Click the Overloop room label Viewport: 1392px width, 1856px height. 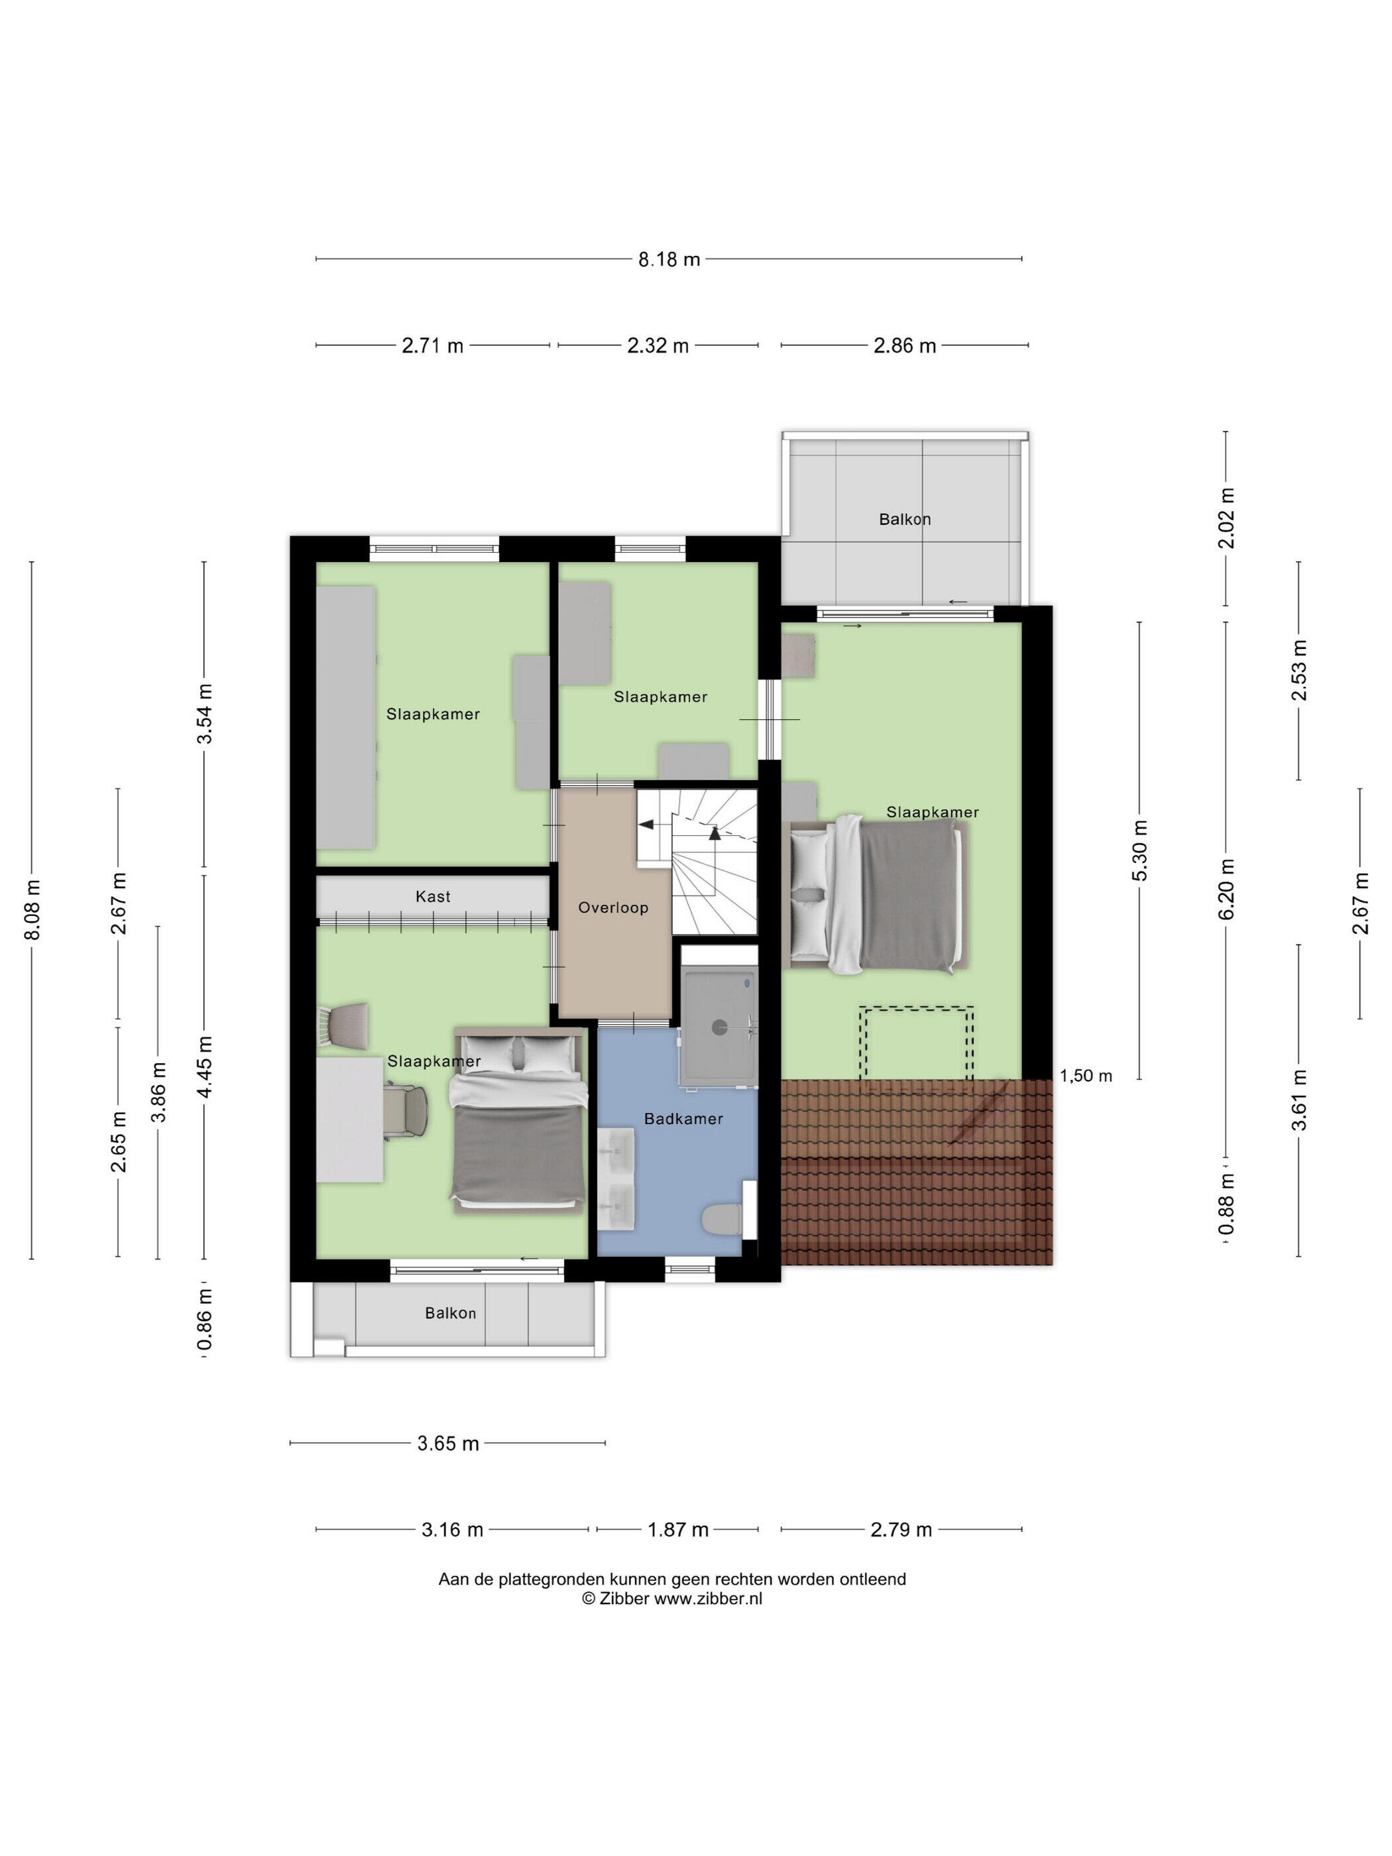click(612, 907)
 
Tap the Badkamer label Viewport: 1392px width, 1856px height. click(683, 1118)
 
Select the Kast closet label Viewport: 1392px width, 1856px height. click(433, 896)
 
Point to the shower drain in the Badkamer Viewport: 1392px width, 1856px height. click(719, 1026)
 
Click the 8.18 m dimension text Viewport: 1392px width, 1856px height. click(669, 259)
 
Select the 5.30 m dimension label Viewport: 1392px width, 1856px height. click(1140, 850)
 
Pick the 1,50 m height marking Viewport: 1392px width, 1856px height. click(1086, 1076)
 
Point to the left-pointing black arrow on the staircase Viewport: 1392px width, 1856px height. click(647, 825)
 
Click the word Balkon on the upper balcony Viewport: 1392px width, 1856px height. click(905, 520)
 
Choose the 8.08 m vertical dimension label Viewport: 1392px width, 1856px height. click(32, 909)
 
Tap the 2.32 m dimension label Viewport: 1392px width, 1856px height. click(658, 346)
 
